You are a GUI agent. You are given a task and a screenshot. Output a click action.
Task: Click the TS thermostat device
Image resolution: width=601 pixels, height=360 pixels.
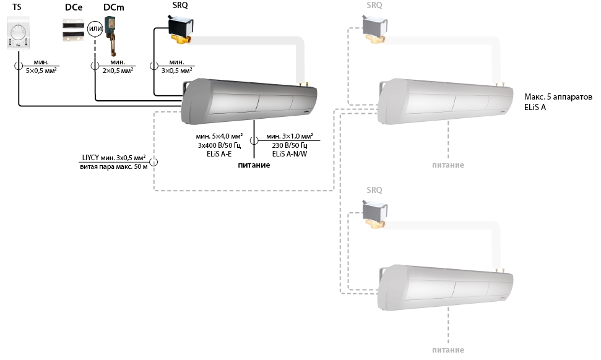[18, 33]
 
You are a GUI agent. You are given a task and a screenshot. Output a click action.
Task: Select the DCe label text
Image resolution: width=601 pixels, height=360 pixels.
[73, 7]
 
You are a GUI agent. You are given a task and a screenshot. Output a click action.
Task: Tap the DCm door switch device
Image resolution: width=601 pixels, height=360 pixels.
[111, 36]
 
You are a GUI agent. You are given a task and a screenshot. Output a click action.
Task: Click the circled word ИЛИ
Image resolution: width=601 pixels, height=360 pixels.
[95, 28]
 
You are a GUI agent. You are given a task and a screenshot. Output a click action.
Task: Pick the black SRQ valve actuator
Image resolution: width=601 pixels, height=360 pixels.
[181, 28]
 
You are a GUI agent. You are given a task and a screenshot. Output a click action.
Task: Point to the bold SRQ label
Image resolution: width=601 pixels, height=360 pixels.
[180, 6]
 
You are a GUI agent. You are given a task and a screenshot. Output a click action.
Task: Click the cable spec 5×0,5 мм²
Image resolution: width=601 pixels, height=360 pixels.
[41, 71]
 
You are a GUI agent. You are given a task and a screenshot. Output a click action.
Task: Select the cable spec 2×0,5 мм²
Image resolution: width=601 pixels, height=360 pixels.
[118, 71]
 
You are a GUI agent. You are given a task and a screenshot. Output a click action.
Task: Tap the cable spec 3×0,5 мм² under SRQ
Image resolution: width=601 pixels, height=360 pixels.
[176, 71]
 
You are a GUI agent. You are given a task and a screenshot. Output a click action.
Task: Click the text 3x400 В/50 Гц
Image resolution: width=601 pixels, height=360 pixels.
[219, 145]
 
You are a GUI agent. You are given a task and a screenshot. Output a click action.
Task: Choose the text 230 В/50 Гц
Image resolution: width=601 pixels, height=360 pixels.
[290, 145]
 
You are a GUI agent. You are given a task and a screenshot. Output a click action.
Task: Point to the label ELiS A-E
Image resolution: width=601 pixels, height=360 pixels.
[219, 154]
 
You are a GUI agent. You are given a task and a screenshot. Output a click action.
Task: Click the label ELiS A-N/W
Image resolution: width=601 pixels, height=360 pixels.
[290, 154]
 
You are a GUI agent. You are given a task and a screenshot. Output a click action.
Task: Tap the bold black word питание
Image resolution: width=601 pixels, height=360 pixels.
[254, 165]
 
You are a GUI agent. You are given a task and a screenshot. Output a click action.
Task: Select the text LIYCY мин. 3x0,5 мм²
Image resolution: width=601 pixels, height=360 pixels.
[114, 157]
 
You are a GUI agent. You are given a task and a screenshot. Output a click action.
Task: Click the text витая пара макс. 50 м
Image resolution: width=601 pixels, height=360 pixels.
[114, 166]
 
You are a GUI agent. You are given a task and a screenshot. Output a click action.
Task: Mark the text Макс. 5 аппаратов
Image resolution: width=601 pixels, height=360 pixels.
[558, 97]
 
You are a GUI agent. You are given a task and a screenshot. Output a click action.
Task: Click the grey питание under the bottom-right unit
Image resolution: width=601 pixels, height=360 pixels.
[448, 349]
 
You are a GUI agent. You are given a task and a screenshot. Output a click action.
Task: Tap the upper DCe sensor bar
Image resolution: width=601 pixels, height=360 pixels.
[73, 25]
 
